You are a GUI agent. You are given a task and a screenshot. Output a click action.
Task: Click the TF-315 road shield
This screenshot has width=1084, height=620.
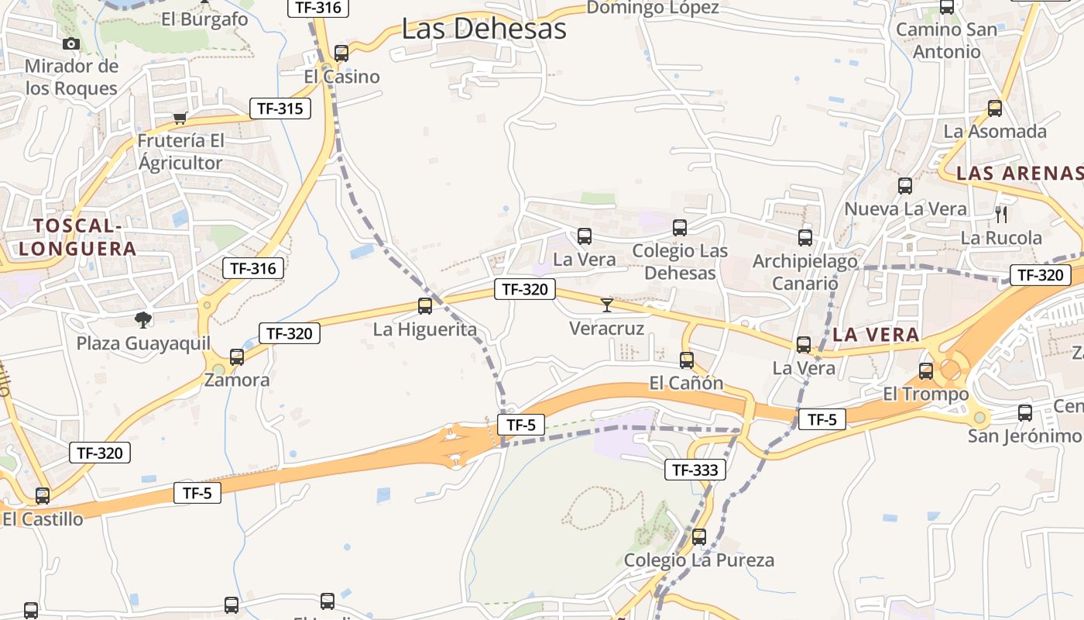pyautogui.click(x=280, y=108)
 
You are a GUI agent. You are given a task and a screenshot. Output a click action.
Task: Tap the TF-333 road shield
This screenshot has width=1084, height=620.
pyautogui.click(x=695, y=470)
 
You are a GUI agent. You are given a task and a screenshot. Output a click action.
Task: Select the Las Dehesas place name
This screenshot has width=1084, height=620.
pyautogui.click(x=484, y=29)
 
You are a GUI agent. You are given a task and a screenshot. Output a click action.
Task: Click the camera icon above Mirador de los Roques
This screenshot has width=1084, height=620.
pyautogui.click(x=71, y=43)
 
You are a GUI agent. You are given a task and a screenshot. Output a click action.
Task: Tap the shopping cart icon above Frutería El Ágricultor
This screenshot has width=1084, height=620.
pyautogui.click(x=180, y=119)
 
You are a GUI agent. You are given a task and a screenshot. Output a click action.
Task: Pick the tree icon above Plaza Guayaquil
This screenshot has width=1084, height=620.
pyautogui.click(x=142, y=319)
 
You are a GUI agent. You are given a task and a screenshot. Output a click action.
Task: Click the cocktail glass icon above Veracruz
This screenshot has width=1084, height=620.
pyautogui.click(x=606, y=305)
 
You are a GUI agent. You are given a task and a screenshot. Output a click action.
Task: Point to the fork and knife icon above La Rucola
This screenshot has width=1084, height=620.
pyautogui.click(x=1001, y=215)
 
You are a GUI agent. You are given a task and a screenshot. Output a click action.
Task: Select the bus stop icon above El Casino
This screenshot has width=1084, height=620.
pyautogui.click(x=341, y=53)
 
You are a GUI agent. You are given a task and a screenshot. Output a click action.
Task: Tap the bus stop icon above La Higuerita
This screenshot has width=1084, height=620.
pyautogui.click(x=424, y=306)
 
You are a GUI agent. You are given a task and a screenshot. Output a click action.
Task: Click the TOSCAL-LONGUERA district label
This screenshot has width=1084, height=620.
pyautogui.click(x=77, y=237)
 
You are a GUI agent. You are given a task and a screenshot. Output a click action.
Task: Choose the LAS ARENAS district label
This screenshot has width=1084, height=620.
pyautogui.click(x=1019, y=173)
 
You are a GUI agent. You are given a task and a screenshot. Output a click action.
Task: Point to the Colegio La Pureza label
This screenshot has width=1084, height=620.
pyautogui.click(x=698, y=560)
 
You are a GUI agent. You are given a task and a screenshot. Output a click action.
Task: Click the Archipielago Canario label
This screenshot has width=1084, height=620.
pyautogui.click(x=805, y=271)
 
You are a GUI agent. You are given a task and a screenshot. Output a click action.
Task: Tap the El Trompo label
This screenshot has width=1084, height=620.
pyautogui.click(x=925, y=394)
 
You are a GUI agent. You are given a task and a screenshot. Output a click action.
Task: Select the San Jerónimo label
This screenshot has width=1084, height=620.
pyautogui.click(x=1024, y=436)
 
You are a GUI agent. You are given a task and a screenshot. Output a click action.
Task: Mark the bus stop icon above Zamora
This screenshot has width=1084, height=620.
pyautogui.click(x=237, y=357)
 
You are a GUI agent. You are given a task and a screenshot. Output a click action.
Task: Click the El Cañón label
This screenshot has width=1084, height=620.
pyautogui.click(x=686, y=383)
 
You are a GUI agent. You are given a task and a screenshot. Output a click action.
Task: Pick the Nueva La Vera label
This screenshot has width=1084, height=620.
pyautogui.click(x=905, y=208)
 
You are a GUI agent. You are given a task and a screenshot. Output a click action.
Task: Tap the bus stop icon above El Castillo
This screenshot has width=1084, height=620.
pyautogui.click(x=43, y=496)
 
